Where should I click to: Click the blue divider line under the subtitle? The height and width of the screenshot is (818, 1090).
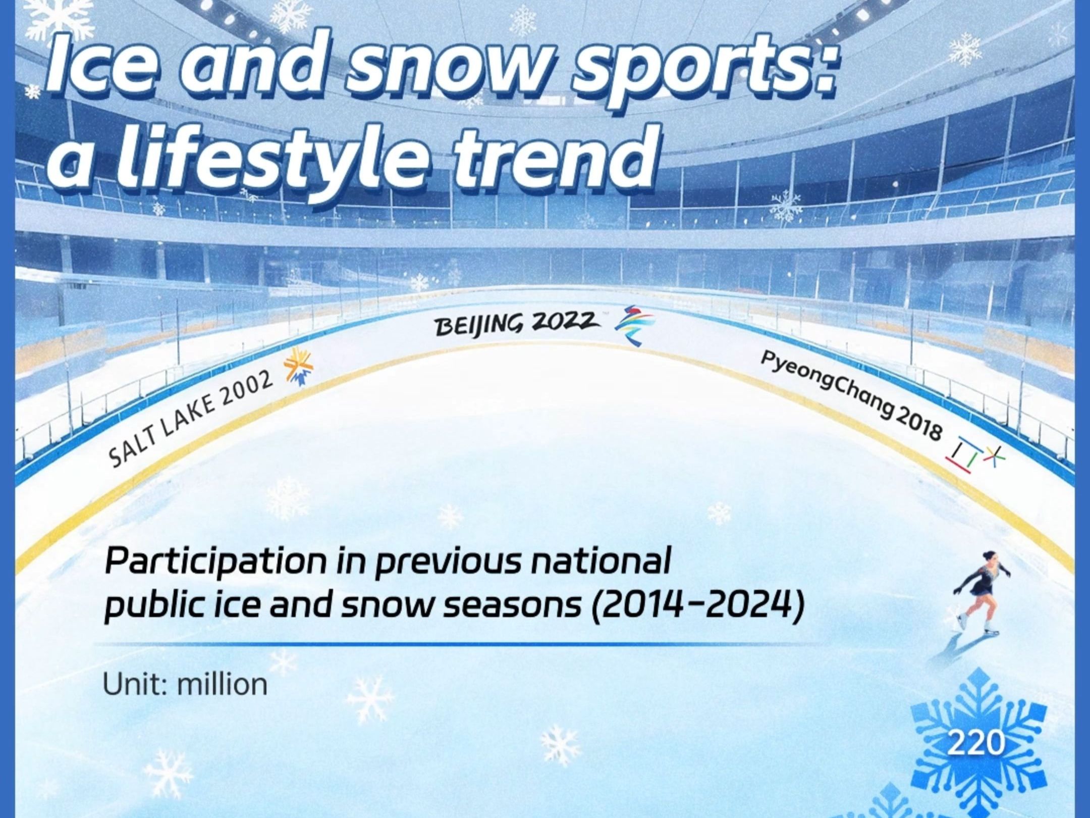454,644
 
